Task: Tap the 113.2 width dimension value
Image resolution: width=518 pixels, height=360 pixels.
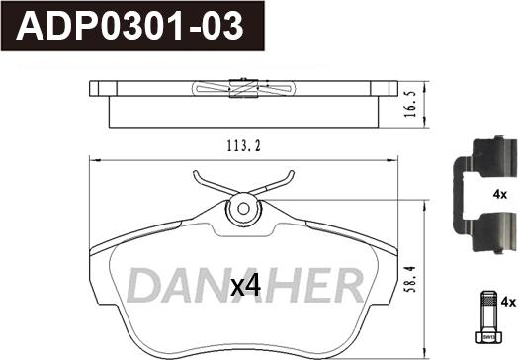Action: coord(243,145)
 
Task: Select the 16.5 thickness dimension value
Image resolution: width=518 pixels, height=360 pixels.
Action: coord(410,105)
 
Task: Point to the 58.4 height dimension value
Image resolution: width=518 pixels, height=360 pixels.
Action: coord(410,280)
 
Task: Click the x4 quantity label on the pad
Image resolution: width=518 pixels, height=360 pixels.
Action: coord(245,286)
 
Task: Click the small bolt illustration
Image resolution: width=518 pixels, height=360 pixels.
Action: coord(489,317)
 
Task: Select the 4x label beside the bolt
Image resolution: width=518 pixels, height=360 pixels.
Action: coord(508,302)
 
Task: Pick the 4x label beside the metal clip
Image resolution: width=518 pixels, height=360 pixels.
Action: coord(500,195)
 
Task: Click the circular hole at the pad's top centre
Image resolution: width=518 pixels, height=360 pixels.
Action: coord(244,209)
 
